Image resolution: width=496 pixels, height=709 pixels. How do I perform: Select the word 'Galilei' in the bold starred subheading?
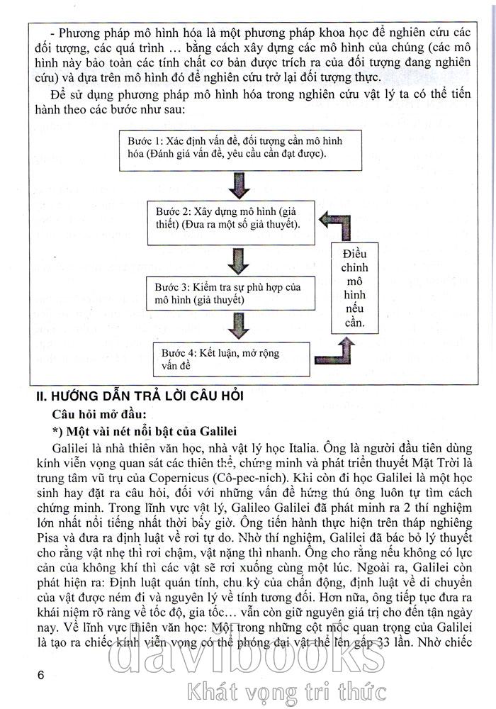(210, 431)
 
